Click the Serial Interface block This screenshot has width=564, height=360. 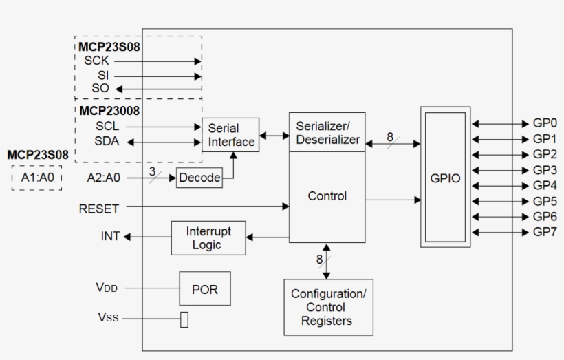[230, 136]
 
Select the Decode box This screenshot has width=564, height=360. [199, 178]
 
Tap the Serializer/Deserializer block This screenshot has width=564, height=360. [327, 133]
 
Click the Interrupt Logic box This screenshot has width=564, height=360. [208, 238]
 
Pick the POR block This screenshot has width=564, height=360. [204, 289]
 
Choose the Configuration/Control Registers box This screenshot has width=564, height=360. [328, 307]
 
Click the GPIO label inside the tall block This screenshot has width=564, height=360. [445, 178]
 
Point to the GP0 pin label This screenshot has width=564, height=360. [545, 124]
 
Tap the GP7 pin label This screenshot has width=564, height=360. [545, 231]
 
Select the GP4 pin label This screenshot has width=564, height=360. [545, 185]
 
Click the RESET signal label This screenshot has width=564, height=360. [99, 208]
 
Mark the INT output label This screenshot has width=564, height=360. [110, 237]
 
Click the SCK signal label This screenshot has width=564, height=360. [97, 61]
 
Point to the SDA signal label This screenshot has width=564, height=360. [106, 141]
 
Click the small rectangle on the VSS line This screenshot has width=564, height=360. [184, 319]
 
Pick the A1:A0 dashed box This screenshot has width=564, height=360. [36, 178]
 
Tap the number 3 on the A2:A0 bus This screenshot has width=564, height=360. [152, 170]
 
